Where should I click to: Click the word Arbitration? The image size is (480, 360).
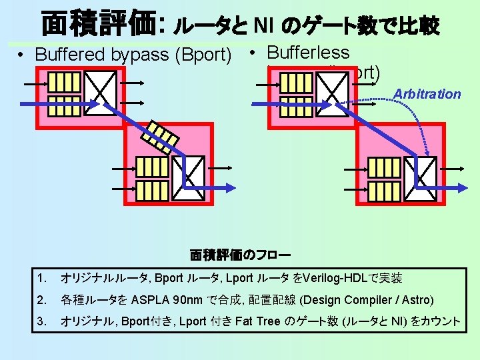click(x=427, y=94)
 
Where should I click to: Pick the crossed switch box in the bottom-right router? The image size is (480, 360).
click(x=421, y=173)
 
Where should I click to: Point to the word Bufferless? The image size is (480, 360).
click(x=308, y=51)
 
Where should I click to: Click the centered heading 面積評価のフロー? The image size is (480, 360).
click(x=240, y=255)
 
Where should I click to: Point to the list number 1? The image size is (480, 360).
click(x=43, y=278)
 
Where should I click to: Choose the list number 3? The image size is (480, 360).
click(x=43, y=321)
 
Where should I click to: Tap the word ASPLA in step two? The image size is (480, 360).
click(x=152, y=300)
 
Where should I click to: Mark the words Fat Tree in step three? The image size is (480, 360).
click(x=257, y=321)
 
